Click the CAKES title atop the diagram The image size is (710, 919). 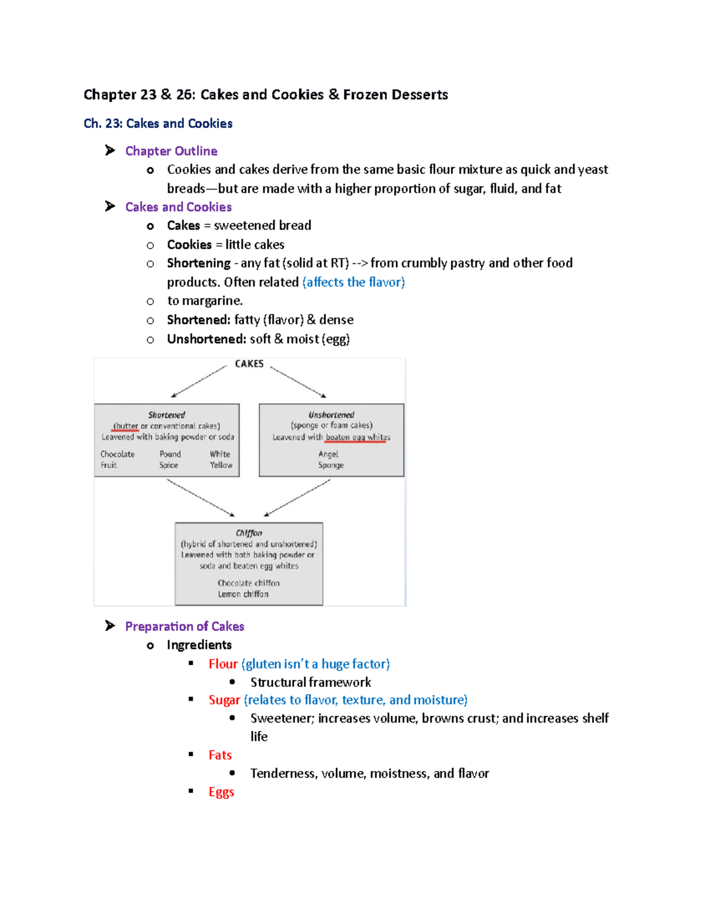pos(249,364)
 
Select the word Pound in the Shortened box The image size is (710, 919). pos(170,454)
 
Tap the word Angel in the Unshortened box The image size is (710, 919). pos(328,454)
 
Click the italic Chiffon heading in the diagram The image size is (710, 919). pos(248,533)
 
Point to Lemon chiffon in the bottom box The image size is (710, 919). pos(243,594)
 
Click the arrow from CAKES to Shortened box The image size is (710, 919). pos(199,382)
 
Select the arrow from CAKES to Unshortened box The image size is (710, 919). pos(298,382)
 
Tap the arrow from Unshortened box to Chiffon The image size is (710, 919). pos(297,498)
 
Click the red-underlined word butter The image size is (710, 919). pos(126,426)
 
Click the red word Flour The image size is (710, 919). pos(223,664)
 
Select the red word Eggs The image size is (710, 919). pos(221,792)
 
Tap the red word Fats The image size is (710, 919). pos(220,755)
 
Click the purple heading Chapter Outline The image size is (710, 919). pos(171,151)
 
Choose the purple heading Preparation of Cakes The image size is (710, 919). pos(185,626)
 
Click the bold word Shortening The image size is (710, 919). pos(199,263)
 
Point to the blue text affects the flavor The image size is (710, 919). pos(354,282)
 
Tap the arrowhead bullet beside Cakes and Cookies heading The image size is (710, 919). pos(110,207)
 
